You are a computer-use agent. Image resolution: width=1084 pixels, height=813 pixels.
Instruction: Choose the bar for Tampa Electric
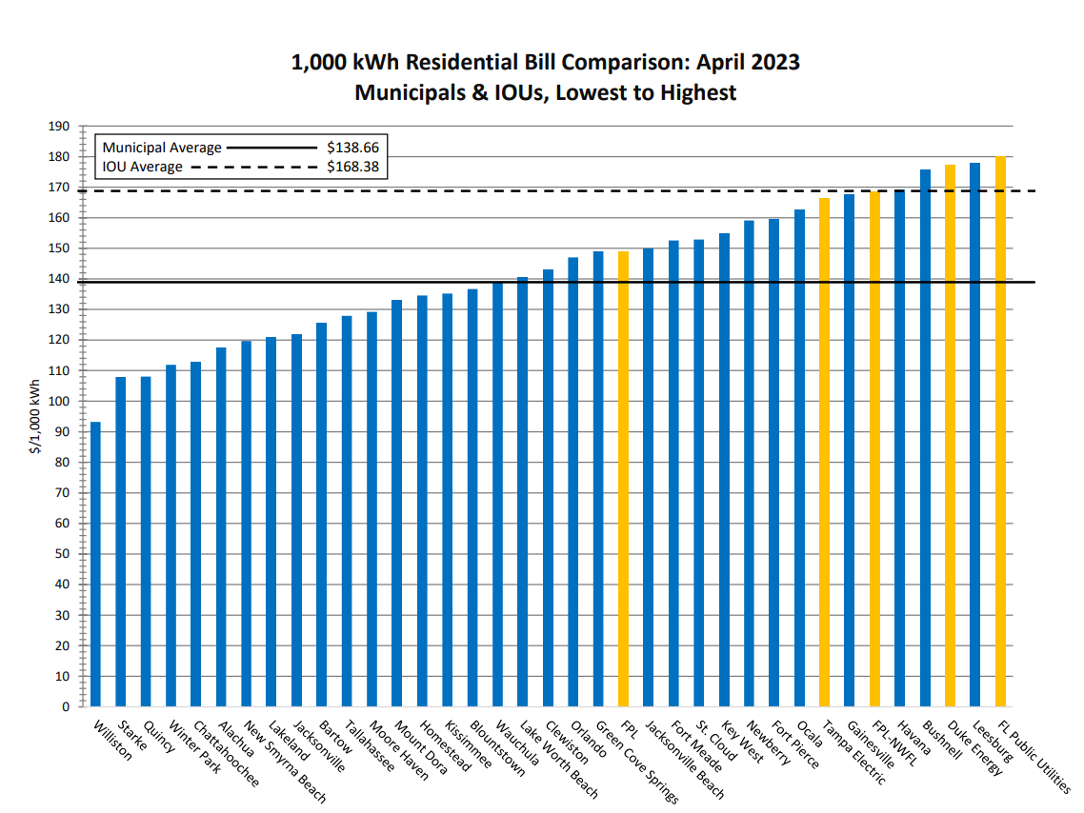pos(824,452)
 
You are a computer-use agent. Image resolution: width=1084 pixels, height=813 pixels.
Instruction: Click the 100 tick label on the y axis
pos(59,402)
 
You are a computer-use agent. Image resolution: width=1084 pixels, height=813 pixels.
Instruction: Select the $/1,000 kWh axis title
pos(35,416)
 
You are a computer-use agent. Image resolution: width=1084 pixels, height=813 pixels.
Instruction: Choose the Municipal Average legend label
pos(162,148)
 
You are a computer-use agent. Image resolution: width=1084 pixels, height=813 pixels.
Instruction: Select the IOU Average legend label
pos(143,167)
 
